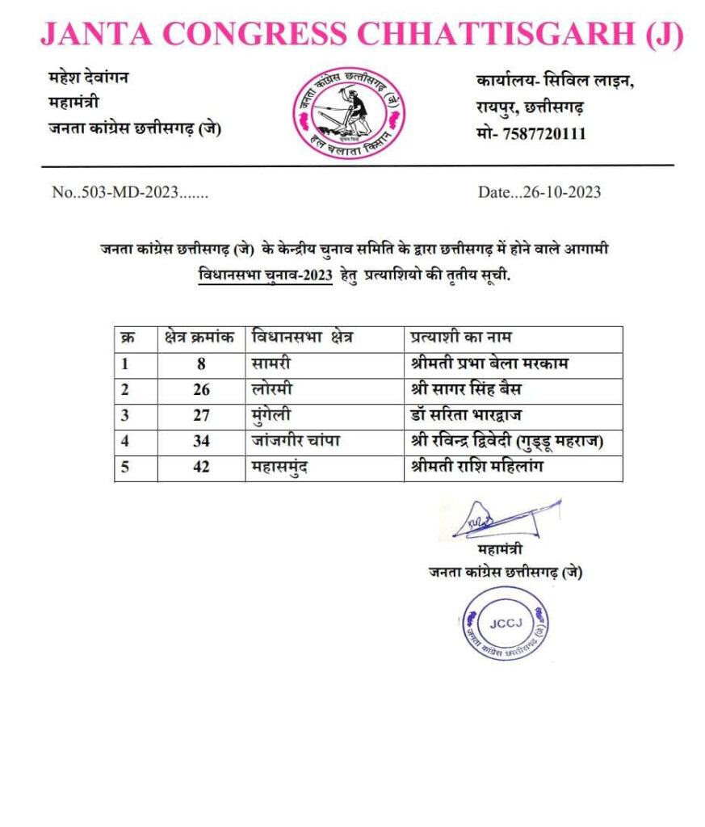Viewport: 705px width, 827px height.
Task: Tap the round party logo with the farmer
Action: (x=348, y=113)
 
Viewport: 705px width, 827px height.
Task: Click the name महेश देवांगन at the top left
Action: (x=88, y=78)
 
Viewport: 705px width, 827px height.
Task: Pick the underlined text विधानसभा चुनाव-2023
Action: (x=266, y=275)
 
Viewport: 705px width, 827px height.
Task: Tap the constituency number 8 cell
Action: (x=201, y=363)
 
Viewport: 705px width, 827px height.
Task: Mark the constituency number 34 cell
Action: (x=201, y=442)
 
